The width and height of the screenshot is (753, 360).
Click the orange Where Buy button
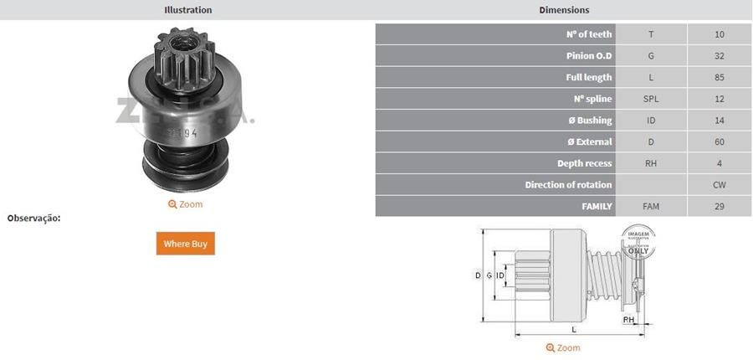tap(185, 244)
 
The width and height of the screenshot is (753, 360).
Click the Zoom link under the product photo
tap(185, 204)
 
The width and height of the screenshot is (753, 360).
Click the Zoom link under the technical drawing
tap(563, 347)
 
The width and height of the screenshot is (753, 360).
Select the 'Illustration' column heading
tap(187, 10)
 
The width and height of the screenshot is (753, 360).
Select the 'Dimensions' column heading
tap(564, 10)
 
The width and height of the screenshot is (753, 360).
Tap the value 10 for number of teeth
tap(720, 34)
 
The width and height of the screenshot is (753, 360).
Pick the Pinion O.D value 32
tap(720, 56)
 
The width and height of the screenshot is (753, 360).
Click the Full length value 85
tap(720, 78)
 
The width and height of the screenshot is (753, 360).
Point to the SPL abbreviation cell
tap(651, 99)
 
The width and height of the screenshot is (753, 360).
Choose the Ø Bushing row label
tap(589, 121)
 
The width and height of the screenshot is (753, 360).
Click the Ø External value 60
tap(720, 142)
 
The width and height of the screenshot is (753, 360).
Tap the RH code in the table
tap(651, 163)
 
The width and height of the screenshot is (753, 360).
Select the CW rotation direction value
tap(720, 185)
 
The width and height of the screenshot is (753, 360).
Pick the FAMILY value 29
tap(720, 206)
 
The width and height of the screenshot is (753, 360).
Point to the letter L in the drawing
tap(573, 330)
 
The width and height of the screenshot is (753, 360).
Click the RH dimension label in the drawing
tap(627, 319)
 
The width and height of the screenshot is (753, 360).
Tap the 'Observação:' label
tap(33, 219)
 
